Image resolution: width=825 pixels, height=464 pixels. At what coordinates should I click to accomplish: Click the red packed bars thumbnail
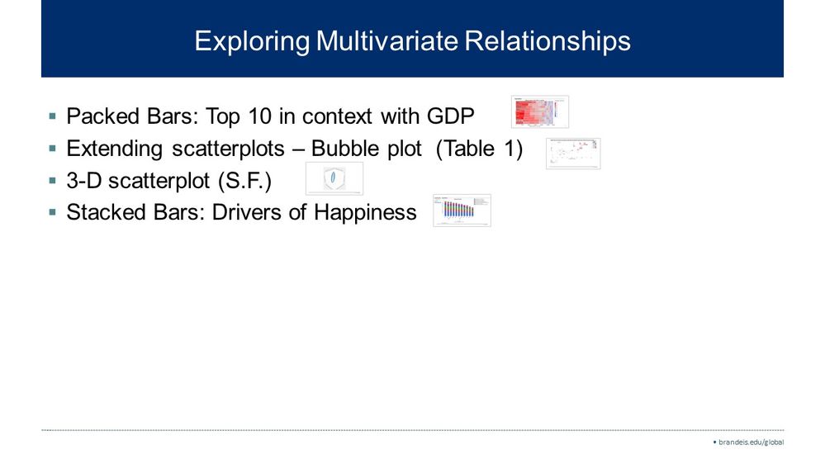pyautogui.click(x=540, y=111)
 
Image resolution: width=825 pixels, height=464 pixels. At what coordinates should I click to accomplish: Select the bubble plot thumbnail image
pyautogui.click(x=572, y=154)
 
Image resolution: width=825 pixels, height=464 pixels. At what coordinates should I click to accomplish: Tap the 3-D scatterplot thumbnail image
pyautogui.click(x=334, y=179)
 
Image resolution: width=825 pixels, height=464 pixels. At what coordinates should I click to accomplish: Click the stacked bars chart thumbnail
pyautogui.click(x=462, y=211)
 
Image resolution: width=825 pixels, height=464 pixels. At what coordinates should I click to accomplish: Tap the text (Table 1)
pyautogui.click(x=478, y=149)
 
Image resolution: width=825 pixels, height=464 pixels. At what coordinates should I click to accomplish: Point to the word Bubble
pyautogui.click(x=344, y=149)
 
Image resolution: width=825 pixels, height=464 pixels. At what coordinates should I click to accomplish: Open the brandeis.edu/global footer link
pyautogui.click(x=750, y=442)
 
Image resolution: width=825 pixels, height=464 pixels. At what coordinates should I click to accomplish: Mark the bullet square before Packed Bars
pyautogui.click(x=53, y=116)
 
